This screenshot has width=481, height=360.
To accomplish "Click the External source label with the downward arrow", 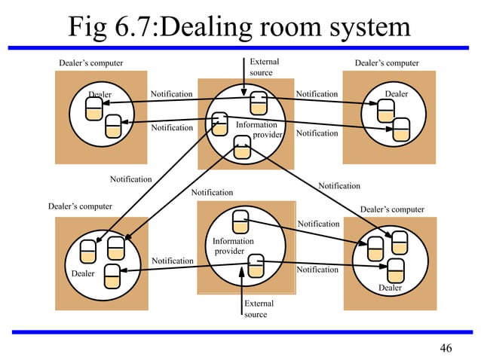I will coord(264,67).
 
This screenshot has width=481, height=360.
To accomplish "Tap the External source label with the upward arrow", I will coord(259,309).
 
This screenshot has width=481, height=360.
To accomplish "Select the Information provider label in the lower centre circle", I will coord(233,246).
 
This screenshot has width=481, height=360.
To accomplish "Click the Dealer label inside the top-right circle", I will coord(396,94).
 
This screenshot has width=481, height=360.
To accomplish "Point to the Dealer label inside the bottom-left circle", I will coord(83,273).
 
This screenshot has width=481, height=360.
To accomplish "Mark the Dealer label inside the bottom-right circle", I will coord(390,288).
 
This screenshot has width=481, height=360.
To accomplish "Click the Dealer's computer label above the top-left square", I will coord(90,63).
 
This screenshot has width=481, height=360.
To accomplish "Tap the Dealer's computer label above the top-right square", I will coord(386,63).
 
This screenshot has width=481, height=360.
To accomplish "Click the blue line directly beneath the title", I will coord(240,47).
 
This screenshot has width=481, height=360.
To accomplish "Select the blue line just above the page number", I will coord(240,331).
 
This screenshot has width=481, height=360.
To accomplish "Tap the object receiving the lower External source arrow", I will coord(256,266).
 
